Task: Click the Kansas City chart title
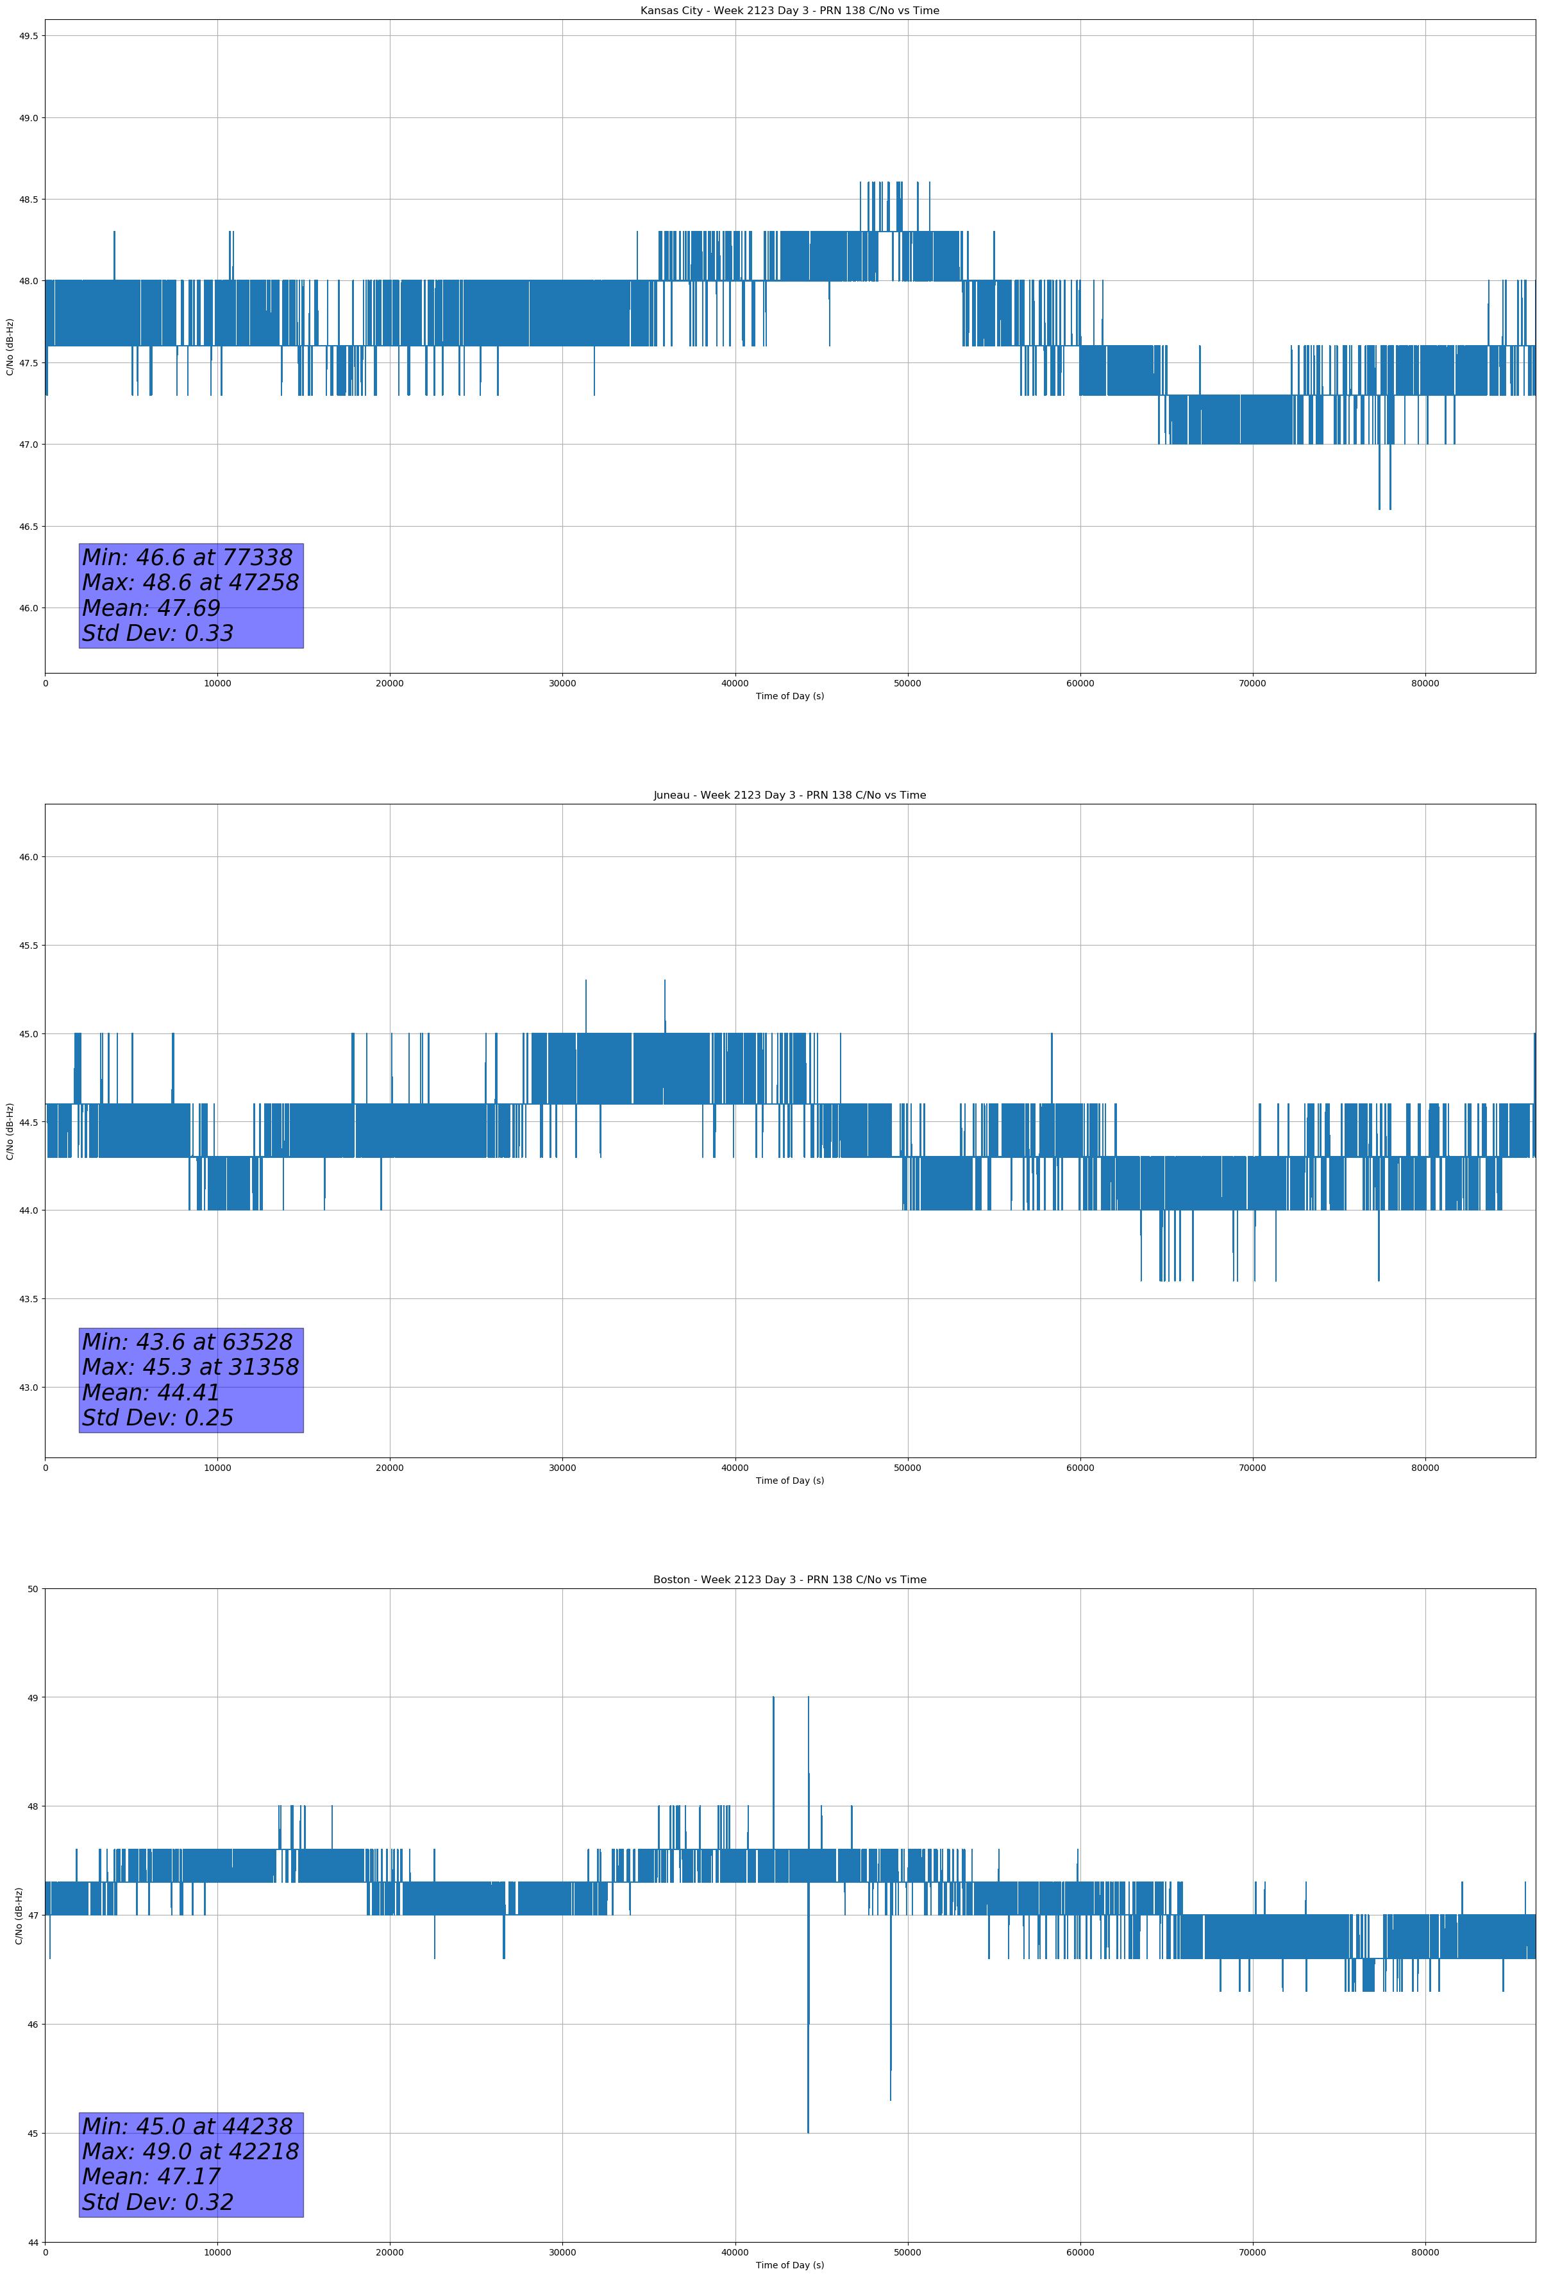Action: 789,11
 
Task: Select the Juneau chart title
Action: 789,795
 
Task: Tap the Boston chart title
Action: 789,1580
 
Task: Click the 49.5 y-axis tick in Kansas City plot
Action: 28,36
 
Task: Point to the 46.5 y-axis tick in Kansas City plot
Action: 28,527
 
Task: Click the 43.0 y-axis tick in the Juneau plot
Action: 28,1388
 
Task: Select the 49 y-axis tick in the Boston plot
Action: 33,1697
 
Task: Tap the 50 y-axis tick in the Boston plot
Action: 33,1590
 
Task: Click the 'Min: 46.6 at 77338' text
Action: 187,558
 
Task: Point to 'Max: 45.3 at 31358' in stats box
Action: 190,1367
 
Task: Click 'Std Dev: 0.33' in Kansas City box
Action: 158,634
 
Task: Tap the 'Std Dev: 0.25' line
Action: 158,1418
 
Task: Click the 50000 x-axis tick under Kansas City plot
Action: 907,684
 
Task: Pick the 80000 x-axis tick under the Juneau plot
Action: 1425,1468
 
